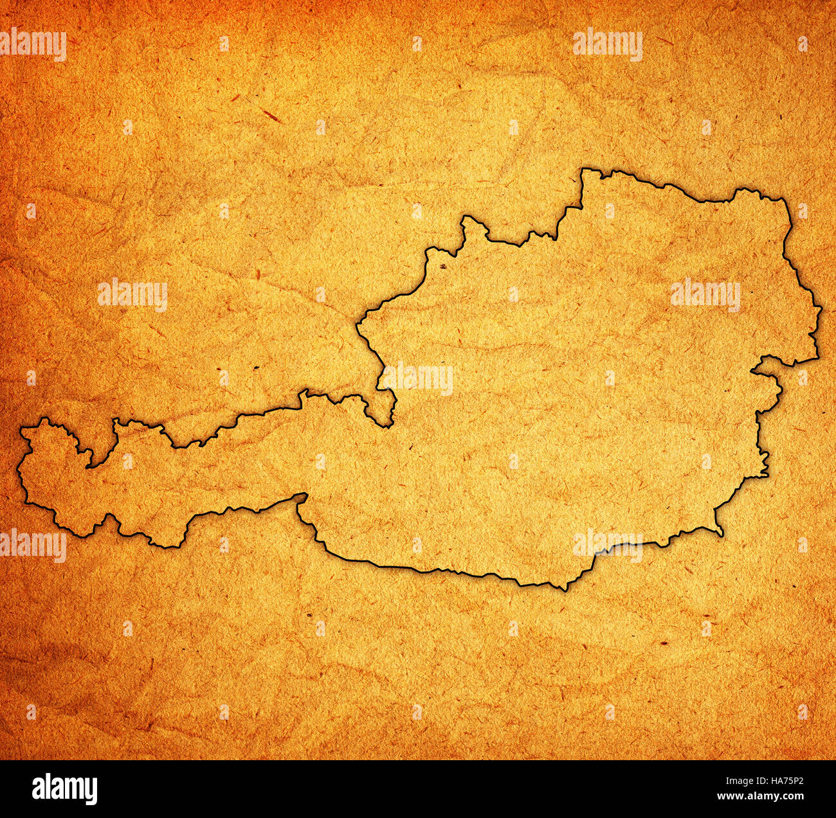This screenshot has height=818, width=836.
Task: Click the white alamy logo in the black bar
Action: point(64,789)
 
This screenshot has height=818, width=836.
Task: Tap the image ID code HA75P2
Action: point(780,783)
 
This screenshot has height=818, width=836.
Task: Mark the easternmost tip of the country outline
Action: point(821,310)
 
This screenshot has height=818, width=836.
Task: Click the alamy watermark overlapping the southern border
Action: point(607,544)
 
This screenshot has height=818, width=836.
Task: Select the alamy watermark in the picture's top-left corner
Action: point(33,45)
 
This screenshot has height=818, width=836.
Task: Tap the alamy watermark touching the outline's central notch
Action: point(418,379)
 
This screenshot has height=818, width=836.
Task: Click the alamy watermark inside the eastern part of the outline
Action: point(705,295)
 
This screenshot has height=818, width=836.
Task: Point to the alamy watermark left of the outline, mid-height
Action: point(132,295)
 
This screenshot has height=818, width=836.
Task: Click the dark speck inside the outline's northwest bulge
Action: point(442,265)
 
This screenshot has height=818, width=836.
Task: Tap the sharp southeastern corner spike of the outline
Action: point(722,535)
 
